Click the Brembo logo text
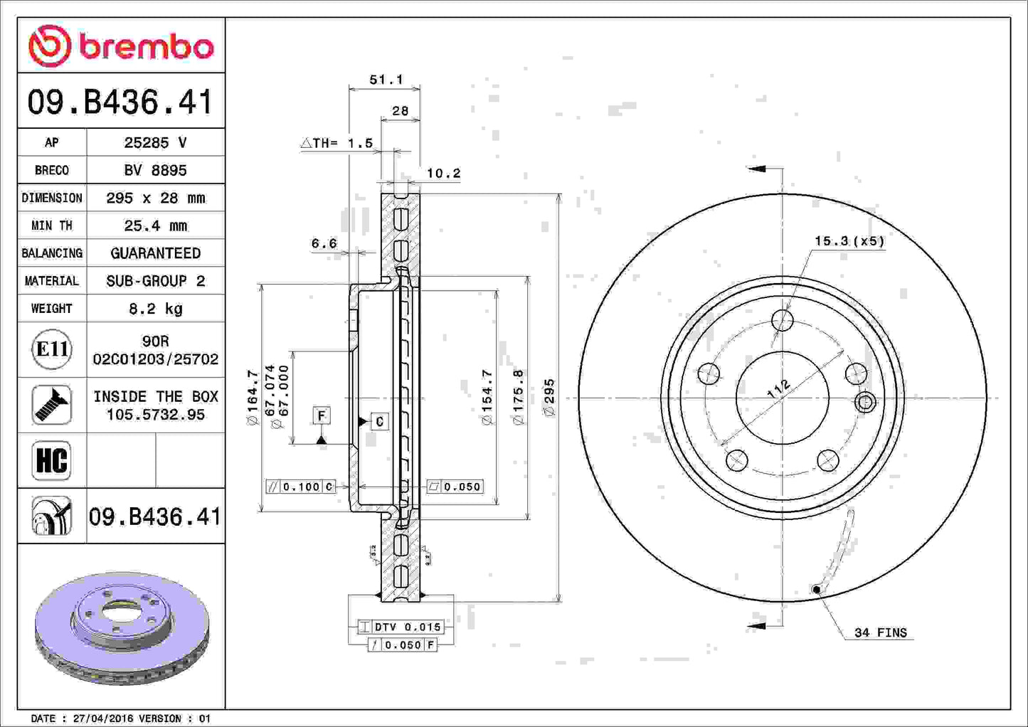coord(146,47)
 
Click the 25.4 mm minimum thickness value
coord(155,225)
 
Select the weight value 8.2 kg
coord(155,308)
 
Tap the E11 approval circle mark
coord(51,349)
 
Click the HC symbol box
coord(51,460)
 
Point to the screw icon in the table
coord(51,405)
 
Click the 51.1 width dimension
coord(386,80)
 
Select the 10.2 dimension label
coord(443,173)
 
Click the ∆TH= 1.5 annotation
coord(337,143)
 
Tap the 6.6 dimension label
coord(324,243)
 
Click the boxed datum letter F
coord(322,415)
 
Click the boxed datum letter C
coord(380,422)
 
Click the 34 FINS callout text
coord(880,632)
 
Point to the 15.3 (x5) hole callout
coord(849,241)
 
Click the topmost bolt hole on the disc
coord(783,320)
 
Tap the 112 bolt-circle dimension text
coord(779,389)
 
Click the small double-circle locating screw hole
coord(865,403)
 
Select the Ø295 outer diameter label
coord(549,397)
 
